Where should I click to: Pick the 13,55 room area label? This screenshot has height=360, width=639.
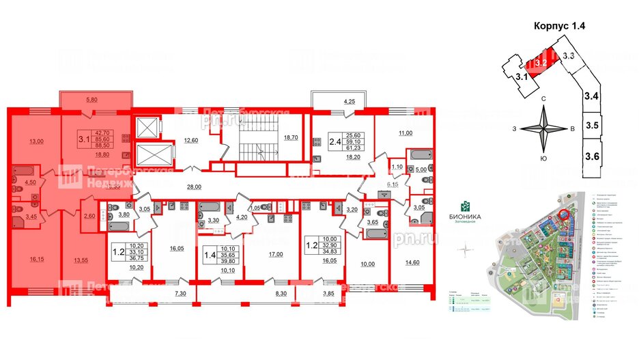(x=81, y=260)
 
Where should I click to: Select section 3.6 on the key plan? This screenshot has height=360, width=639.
(x=592, y=156)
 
